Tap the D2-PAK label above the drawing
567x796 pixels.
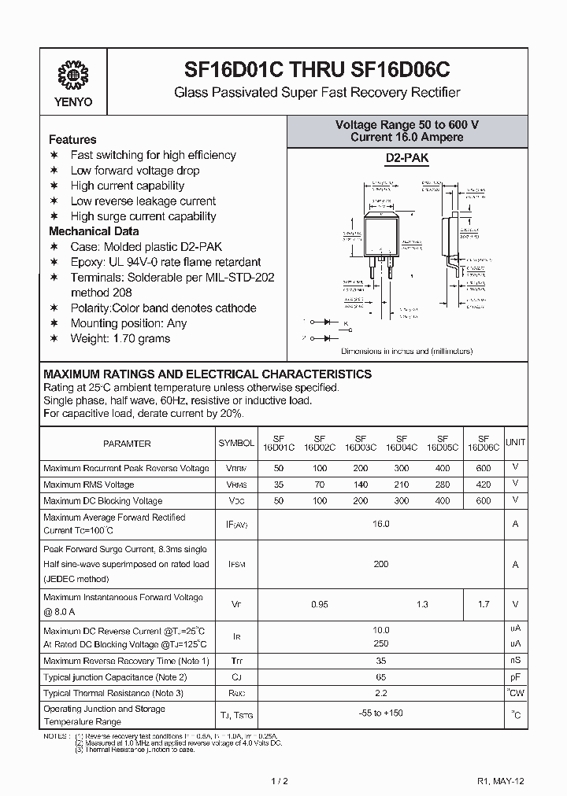pos(406,158)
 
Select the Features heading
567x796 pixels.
pos(72,139)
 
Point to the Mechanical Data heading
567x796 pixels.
pos(94,231)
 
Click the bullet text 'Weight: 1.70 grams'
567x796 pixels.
pos(120,338)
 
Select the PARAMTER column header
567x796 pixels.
pos(127,444)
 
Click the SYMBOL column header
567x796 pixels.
pos(236,444)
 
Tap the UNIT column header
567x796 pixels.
pos(515,443)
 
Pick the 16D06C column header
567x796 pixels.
pos(484,444)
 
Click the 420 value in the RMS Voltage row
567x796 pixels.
pos(484,485)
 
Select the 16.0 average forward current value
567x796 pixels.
pos(381,523)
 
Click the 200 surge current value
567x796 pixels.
pos(381,564)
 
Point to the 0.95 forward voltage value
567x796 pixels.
pos(319,604)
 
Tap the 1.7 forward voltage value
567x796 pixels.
pos(484,604)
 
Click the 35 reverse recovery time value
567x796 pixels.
pos(381,661)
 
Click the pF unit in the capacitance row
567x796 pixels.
pos(515,676)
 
